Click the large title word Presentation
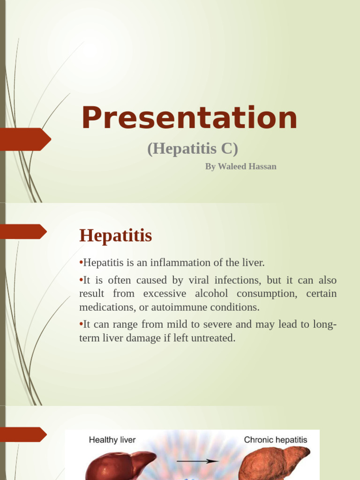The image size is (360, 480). point(189,118)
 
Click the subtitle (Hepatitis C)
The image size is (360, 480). point(193,149)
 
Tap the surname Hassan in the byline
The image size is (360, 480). point(263,166)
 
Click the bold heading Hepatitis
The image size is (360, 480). point(116,235)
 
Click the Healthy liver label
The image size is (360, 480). point(112,440)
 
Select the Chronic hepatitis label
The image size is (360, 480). point(275,440)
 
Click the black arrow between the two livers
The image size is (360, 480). point(199,461)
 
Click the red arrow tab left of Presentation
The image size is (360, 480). point(26,139)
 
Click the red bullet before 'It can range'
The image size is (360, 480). point(81,324)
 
